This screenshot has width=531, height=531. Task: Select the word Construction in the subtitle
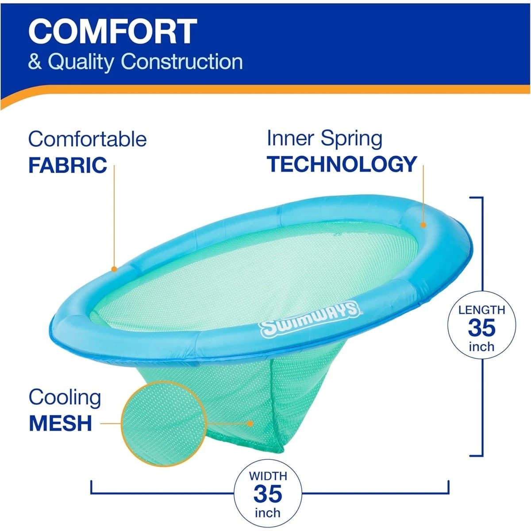pyautogui.click(x=181, y=62)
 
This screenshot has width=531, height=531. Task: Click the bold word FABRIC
pyautogui.click(x=68, y=165)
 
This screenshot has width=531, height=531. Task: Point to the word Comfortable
pyautogui.click(x=87, y=139)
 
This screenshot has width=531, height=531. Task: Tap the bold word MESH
pyautogui.click(x=60, y=423)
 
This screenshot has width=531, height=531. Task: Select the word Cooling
pyautogui.click(x=65, y=398)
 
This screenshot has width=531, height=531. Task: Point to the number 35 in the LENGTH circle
pyautogui.click(x=481, y=328)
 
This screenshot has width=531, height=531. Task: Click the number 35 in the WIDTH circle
pyautogui.click(x=268, y=494)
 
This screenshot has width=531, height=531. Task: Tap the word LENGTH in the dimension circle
pyautogui.click(x=481, y=310)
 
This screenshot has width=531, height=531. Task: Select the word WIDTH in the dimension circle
pyautogui.click(x=268, y=476)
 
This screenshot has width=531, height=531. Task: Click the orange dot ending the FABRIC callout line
pyautogui.click(x=114, y=268)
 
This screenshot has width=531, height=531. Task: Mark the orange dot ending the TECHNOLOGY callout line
pyautogui.click(x=423, y=225)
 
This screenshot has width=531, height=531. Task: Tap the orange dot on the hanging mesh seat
pyautogui.click(x=251, y=423)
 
